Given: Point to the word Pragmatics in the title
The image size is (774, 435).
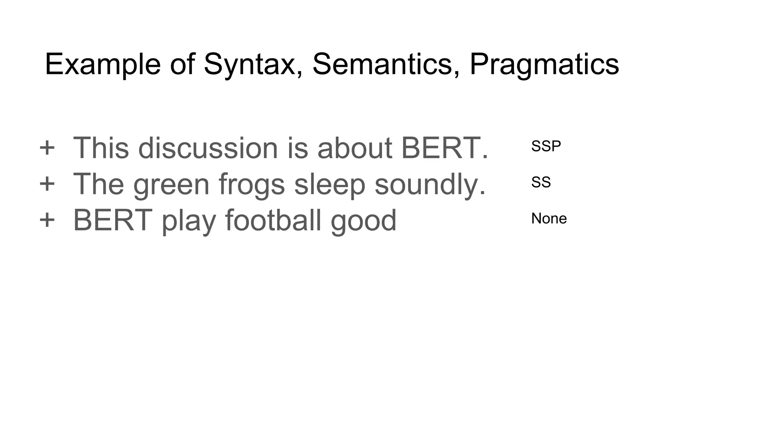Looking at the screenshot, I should (544, 64).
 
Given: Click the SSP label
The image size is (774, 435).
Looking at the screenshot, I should (546, 146).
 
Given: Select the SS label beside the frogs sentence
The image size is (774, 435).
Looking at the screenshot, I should (541, 182).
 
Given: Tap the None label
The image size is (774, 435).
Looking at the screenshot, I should (549, 219).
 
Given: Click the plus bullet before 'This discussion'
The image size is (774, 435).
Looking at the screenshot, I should (47, 148).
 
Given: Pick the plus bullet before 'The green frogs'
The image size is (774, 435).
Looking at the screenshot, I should (47, 184).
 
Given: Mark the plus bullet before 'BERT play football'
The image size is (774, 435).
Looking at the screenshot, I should (47, 220).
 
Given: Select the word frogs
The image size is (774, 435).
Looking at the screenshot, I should (251, 185).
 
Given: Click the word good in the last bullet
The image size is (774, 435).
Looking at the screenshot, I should (363, 221).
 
